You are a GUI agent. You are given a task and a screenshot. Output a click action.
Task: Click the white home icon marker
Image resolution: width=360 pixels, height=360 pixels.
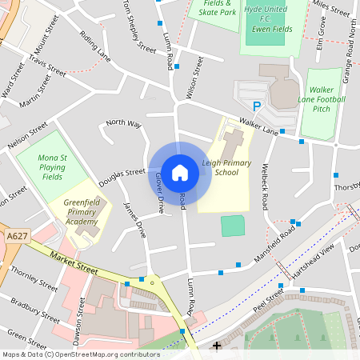(180, 172)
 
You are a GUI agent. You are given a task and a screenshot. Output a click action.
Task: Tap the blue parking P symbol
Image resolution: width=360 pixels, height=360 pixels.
(257, 106)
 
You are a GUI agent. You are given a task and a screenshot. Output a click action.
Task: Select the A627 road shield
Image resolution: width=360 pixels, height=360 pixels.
(15, 237)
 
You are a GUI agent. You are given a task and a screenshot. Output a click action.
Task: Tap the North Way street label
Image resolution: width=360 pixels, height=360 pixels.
(123, 123)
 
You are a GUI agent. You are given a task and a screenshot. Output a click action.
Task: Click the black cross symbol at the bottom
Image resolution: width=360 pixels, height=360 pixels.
(217, 346)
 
